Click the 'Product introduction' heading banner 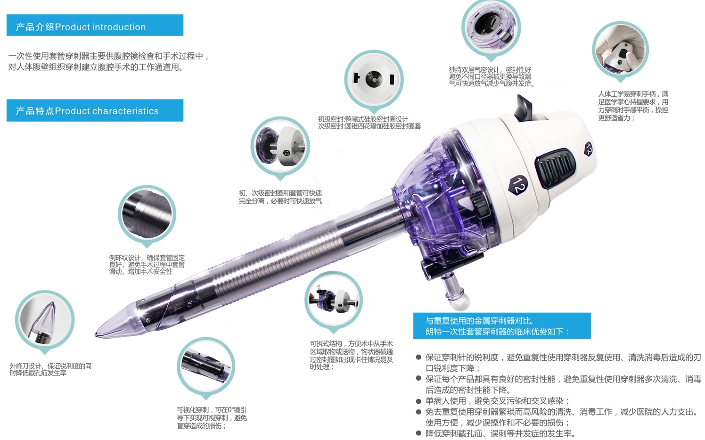(x=95, y=25)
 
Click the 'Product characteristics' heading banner (x=95, y=110)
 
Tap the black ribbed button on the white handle (x=555, y=168)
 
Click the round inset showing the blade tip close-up (x=45, y=320)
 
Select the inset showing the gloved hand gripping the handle (x=620, y=50)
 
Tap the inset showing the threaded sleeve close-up (x=147, y=214)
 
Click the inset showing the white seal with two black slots (x=374, y=79)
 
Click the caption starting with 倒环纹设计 (x=147, y=265)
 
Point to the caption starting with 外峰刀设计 (x=51, y=369)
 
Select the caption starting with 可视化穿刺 (x=212, y=418)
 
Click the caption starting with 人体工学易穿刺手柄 (x=633, y=106)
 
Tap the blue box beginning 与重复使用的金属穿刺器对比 (x=502, y=326)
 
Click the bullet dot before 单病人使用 (x=418, y=401)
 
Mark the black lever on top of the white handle (x=523, y=108)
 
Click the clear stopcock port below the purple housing (x=455, y=292)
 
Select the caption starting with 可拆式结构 (x=351, y=355)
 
